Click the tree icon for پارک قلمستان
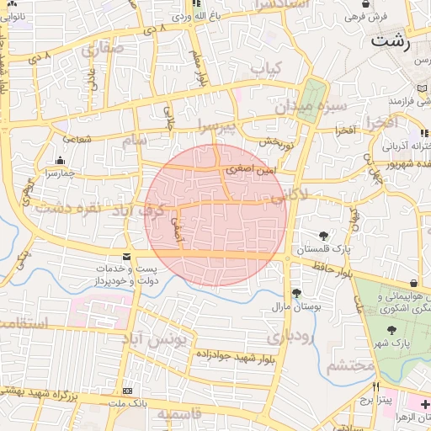[x=324, y=236]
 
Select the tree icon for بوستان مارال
[x=296, y=292]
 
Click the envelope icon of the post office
[x=127, y=256]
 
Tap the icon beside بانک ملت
[x=127, y=391]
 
